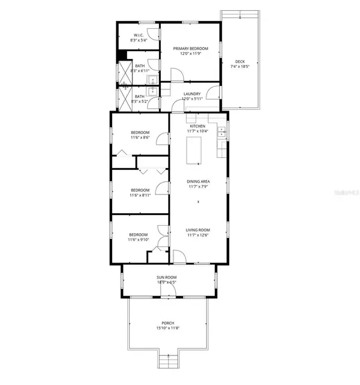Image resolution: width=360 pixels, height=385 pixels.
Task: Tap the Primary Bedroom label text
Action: tap(190, 48)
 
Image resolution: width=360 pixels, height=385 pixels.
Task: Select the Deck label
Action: tap(239, 61)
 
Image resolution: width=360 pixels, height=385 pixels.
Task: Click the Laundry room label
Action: tap(192, 94)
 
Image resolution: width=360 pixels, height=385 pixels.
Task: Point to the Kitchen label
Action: tap(197, 126)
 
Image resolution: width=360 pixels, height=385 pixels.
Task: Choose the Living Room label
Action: tap(197, 229)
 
